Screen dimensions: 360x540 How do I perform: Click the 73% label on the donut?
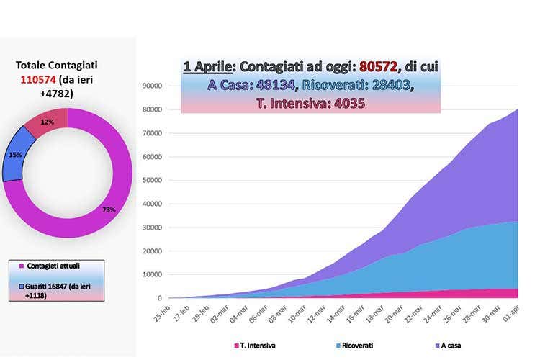click(109, 209)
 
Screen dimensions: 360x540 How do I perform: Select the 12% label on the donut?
click(48, 122)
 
